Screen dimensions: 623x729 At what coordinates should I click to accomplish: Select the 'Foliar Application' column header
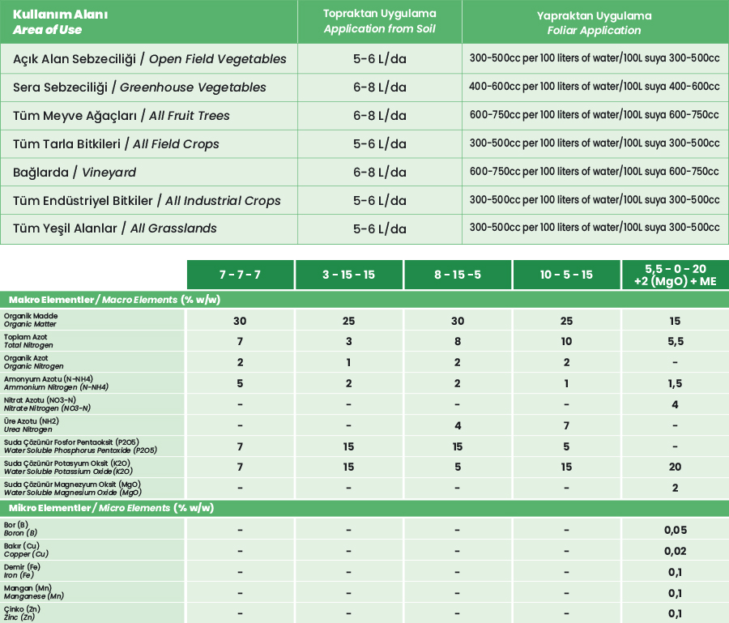(594, 23)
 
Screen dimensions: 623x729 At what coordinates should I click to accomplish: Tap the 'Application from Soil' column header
(379, 22)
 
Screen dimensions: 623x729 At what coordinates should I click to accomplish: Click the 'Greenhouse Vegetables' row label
(140, 87)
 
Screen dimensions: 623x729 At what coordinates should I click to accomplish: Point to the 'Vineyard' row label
(75, 172)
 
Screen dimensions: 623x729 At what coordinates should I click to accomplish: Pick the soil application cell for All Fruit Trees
(379, 115)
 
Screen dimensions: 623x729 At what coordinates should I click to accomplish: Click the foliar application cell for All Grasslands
(594, 228)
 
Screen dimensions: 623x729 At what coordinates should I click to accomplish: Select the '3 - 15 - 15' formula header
(348, 275)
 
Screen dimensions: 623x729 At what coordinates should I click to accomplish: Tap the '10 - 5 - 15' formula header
(565, 275)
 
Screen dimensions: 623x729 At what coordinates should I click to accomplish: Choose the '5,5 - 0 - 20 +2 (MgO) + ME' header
(675, 275)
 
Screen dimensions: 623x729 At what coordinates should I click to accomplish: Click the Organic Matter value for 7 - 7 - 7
(240, 321)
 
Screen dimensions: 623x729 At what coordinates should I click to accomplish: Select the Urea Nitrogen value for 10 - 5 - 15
(566, 425)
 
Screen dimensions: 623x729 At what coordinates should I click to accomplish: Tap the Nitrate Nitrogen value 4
(675, 404)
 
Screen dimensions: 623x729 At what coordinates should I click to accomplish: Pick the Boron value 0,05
(675, 531)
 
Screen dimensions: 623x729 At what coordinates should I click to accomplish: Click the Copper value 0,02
(675, 552)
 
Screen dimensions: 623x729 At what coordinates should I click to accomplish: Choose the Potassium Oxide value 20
(675, 467)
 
